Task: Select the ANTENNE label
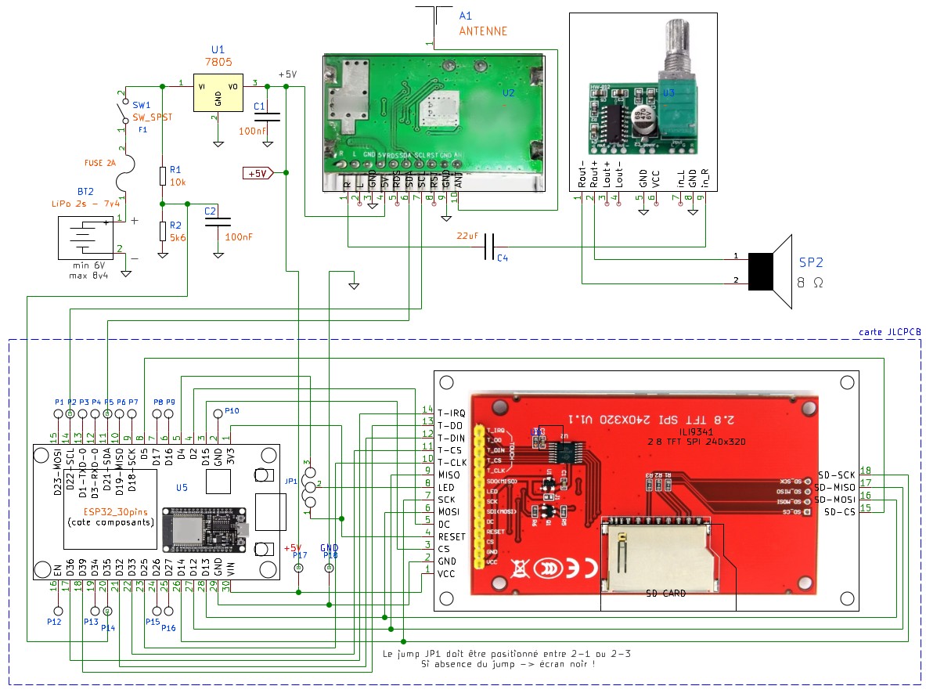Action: pos(482,31)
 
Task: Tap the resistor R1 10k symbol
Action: pos(162,175)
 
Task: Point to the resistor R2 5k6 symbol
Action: pos(162,230)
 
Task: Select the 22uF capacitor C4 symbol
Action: pos(489,247)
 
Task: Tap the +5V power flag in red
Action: pos(258,173)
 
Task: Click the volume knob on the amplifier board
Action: pos(677,47)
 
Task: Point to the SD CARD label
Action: pos(666,594)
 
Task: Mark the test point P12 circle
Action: pos(57,609)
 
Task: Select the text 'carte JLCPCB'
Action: pos(890,332)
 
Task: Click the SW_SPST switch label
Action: pos(152,117)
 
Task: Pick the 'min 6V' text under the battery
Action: pos(92,267)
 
